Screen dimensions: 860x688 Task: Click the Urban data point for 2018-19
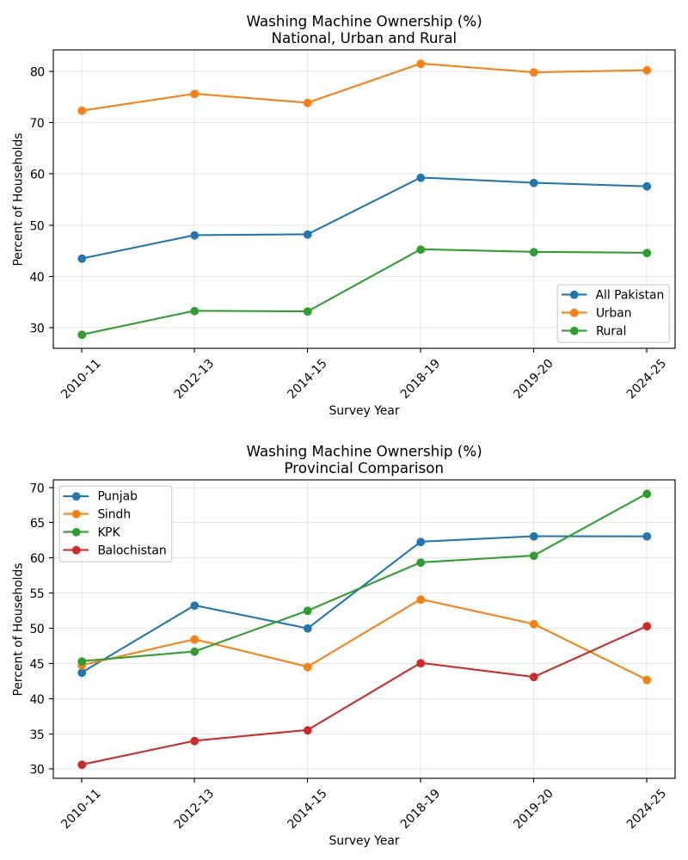[421, 64]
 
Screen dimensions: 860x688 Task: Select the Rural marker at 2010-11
[82, 335]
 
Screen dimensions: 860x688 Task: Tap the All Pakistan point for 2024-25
[646, 187]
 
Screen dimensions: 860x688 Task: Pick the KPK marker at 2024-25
[646, 494]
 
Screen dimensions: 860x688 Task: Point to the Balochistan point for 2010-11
[82, 765]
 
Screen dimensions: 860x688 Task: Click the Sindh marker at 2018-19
[421, 599]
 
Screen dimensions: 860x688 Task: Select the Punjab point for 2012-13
[194, 605]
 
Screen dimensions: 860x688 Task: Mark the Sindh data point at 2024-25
[646, 680]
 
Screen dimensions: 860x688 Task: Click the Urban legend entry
[612, 313]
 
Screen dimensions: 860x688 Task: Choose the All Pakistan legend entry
[629, 295]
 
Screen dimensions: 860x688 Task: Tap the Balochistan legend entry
[131, 550]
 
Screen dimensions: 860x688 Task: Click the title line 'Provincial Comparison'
[364, 469]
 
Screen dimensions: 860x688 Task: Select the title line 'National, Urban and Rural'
[364, 39]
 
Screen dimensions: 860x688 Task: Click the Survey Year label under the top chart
[364, 410]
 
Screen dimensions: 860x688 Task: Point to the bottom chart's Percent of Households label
[18, 629]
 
